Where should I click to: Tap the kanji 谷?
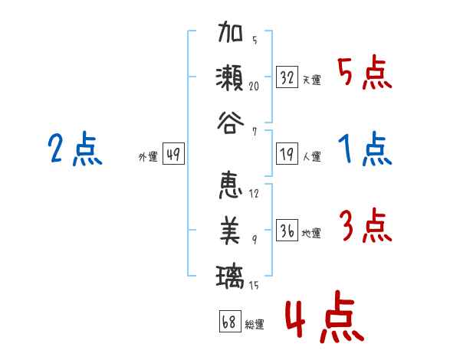231,121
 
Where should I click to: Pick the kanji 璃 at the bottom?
231,274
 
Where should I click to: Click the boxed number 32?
287,77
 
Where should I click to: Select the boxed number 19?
287,155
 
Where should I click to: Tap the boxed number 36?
287,231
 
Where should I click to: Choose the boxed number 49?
172,155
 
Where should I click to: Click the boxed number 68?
228,322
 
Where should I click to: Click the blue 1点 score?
364,149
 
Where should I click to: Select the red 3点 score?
364,226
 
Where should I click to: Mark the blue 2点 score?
74,149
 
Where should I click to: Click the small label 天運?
311,80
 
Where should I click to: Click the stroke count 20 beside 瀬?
254,87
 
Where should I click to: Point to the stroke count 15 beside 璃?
254,286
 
